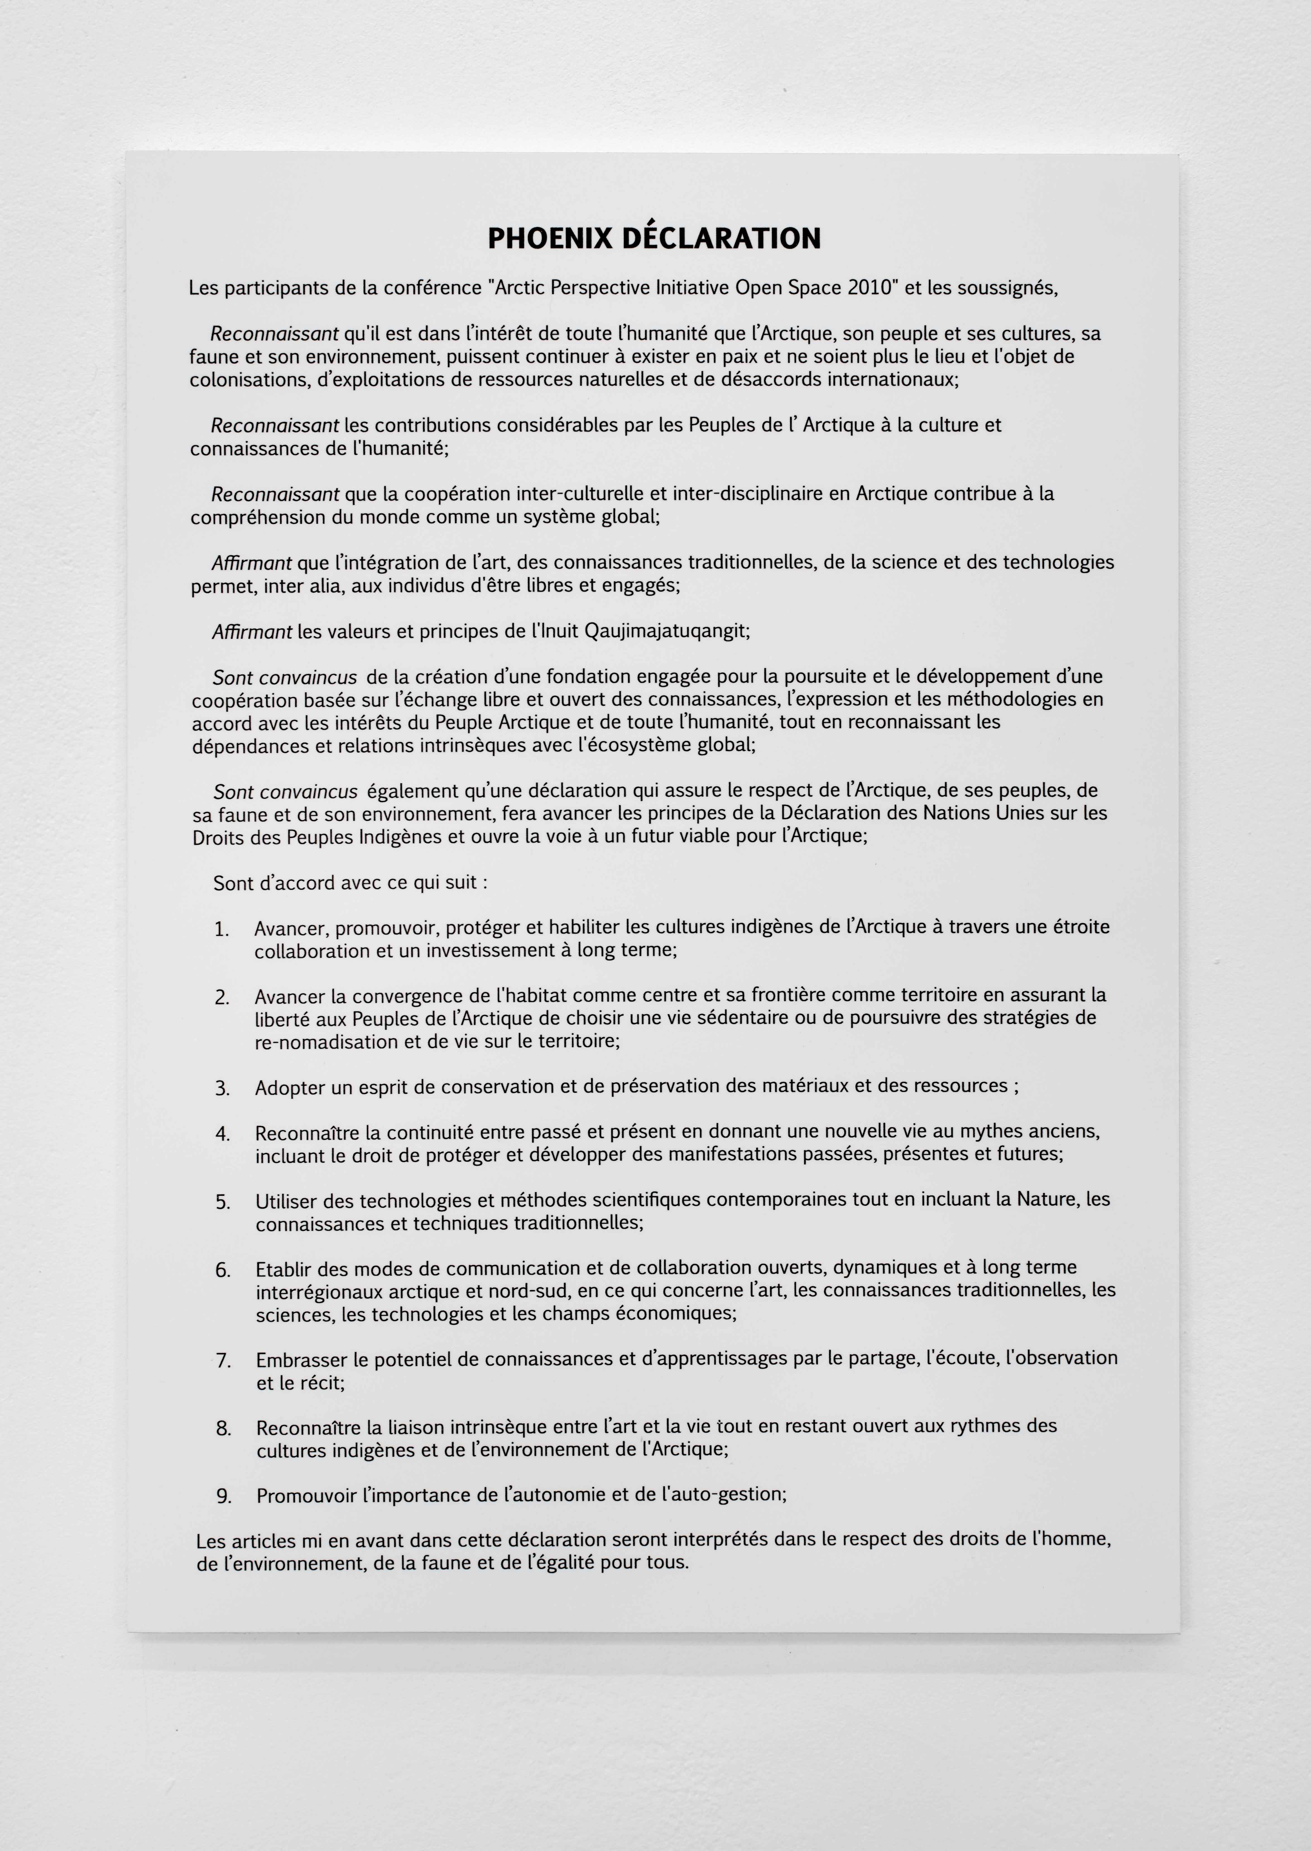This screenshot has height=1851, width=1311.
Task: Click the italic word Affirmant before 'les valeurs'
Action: coord(252,632)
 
